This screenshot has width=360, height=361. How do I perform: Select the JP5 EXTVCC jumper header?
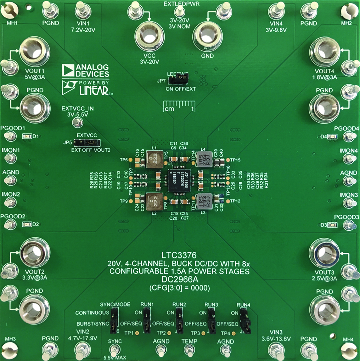pyautogui.click(x=89, y=143)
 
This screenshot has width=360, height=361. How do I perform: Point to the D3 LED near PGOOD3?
pyautogui.click(x=332, y=225)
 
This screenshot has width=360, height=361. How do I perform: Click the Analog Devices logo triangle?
pyautogui.click(x=68, y=71)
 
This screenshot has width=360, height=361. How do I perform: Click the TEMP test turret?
pyautogui.click(x=189, y=350)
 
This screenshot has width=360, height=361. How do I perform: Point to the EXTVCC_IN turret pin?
pyautogui.click(x=75, y=123)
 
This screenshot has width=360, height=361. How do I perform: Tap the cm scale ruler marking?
pyautogui.click(x=179, y=107)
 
